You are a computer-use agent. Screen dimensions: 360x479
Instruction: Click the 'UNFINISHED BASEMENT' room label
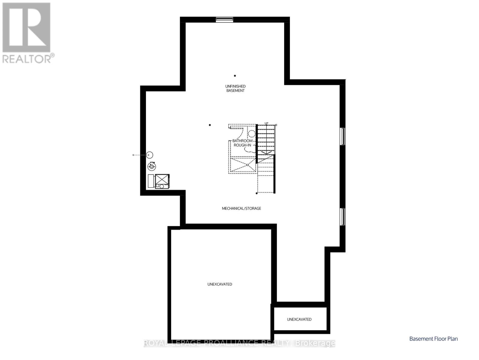pos(235,88)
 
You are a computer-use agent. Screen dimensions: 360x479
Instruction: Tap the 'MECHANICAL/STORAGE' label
pos(241,208)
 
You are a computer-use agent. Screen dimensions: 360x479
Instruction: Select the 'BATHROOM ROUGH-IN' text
pos(242,143)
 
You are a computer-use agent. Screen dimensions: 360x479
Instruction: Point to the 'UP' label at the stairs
pos(266,123)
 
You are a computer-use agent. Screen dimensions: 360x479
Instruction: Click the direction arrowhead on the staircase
pos(266,152)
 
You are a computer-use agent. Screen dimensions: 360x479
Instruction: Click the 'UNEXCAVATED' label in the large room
pos(220,284)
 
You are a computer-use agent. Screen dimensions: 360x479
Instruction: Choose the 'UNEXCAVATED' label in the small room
pos(299,319)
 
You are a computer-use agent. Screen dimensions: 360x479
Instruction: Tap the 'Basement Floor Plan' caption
pos(433,339)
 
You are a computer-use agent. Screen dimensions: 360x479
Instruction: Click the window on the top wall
pos(225,19)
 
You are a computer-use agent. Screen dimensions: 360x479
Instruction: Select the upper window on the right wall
pos(343,136)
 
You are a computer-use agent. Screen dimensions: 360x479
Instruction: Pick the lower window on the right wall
pos(343,217)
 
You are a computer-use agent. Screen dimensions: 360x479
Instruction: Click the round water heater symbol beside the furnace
pos(152,166)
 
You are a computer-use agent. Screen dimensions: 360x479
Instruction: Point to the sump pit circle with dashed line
pos(150,155)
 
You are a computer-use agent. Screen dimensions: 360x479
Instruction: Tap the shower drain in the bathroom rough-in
pos(247,164)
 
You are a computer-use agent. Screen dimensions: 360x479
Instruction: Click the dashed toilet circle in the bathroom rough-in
pos(251,133)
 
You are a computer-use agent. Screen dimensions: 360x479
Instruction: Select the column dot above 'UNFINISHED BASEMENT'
pos(235,76)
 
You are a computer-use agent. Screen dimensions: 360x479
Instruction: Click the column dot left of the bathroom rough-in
pos(210,125)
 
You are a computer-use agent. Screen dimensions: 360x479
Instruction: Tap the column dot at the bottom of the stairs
pos(257,193)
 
